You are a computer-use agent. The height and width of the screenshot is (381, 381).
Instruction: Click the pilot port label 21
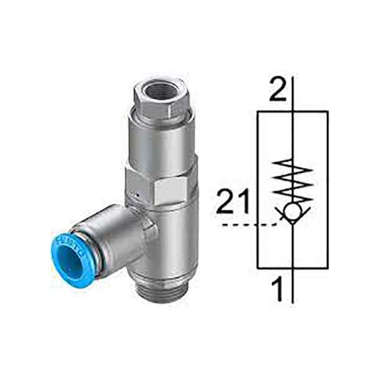(232, 203)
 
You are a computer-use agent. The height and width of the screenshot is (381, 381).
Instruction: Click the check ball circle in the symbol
(293, 211)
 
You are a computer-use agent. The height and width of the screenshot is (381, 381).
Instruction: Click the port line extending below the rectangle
(293, 286)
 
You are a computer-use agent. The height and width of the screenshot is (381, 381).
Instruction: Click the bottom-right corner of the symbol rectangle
(328, 268)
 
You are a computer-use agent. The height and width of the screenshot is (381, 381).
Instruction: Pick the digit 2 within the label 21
(226, 203)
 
